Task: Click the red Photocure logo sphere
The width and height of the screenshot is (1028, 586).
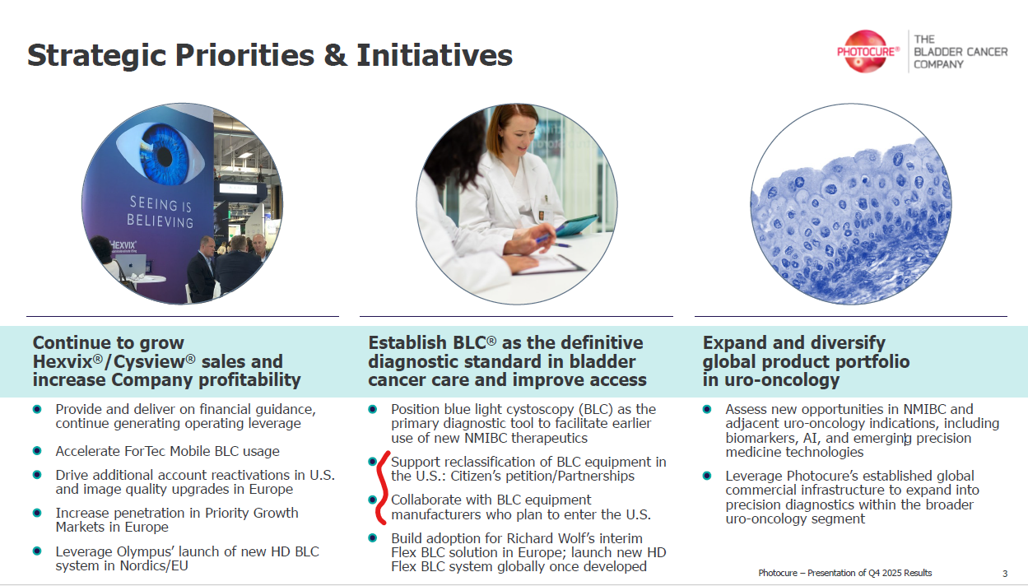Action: [x=866, y=51]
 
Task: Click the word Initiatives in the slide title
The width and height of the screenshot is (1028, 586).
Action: [x=434, y=55]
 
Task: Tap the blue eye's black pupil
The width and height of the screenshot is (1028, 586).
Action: [x=165, y=157]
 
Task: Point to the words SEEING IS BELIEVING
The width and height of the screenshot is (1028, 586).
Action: [x=160, y=212]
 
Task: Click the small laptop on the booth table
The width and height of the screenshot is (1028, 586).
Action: [x=130, y=265]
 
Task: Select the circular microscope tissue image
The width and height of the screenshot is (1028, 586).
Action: [x=851, y=204]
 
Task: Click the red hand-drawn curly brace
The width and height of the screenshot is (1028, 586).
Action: [x=381, y=488]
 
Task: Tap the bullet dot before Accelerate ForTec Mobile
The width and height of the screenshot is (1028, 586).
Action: [x=37, y=451]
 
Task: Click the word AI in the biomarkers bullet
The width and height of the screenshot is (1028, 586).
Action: [x=811, y=438]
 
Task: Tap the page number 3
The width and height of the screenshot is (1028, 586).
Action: [x=1005, y=574]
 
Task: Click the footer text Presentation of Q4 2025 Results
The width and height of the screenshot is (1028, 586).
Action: [x=870, y=573]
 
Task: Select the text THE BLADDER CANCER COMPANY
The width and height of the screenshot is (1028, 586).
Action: [x=961, y=51]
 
